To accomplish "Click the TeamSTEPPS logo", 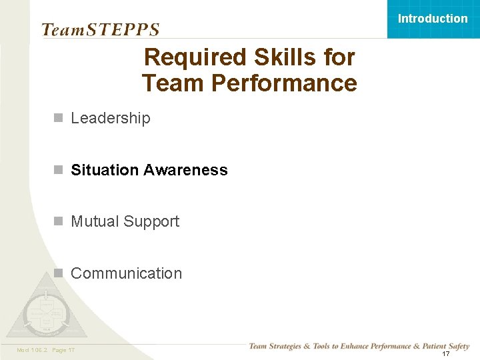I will click(100, 29).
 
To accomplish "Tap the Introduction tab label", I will click(433, 19).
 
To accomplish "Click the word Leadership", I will click(111, 118).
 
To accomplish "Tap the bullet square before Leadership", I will click(59, 118).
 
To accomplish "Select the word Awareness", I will click(185, 170).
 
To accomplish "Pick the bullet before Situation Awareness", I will click(59, 170).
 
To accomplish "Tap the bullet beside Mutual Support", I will click(59, 221).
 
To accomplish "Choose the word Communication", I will click(126, 273).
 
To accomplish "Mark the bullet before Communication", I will click(59, 273).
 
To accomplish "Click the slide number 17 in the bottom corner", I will click(446, 353).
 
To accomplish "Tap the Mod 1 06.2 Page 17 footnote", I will click(45, 350).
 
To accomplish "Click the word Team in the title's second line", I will click(167, 84).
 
